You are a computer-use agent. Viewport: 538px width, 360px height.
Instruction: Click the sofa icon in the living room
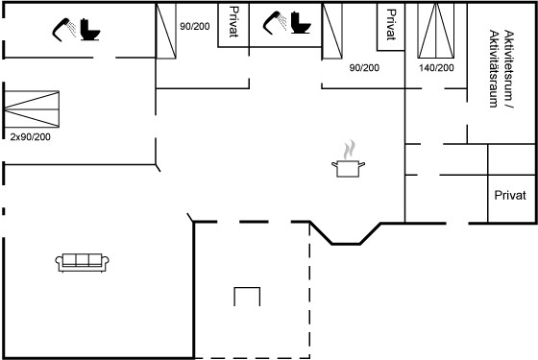[x=82, y=263]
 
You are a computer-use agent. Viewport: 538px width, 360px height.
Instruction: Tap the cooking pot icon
[x=348, y=168]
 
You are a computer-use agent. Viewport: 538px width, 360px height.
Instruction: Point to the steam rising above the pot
[x=349, y=150]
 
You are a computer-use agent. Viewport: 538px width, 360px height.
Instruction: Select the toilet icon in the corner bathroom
[x=90, y=30]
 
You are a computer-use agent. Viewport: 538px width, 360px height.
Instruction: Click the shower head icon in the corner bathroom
[x=64, y=30]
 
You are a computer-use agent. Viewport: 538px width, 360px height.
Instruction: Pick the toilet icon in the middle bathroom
[x=301, y=23]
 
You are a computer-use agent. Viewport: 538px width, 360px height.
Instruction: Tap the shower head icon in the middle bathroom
[x=275, y=23]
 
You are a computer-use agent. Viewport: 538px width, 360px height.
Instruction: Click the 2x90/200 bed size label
[x=30, y=137]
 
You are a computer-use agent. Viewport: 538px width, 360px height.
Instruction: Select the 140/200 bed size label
[x=436, y=68]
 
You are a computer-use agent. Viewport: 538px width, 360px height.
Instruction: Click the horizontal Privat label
[x=510, y=196]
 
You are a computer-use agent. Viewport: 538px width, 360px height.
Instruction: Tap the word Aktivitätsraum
[x=494, y=68]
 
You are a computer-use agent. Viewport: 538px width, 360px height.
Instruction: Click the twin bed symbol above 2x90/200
[x=32, y=109]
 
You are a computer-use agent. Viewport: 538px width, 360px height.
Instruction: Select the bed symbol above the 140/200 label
[x=436, y=31]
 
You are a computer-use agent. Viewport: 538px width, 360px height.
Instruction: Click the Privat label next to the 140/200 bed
[x=391, y=25]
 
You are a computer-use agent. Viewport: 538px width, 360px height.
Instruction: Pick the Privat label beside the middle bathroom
[x=233, y=21]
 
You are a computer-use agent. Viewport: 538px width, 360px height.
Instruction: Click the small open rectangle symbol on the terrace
[x=247, y=297]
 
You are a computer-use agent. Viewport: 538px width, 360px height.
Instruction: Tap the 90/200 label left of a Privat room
[x=195, y=27]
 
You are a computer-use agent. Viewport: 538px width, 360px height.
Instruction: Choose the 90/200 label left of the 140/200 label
[x=364, y=68]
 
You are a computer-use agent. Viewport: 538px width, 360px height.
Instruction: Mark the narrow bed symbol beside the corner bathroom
[x=166, y=31]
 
